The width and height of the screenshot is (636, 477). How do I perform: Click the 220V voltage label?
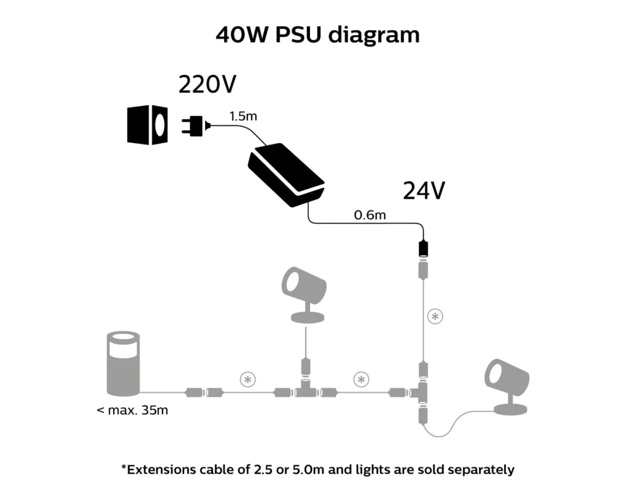[x=207, y=85]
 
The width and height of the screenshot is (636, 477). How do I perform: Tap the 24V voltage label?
[x=424, y=191]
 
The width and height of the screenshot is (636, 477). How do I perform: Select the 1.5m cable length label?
[x=243, y=116]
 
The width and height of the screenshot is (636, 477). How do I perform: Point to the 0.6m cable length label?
[x=370, y=215]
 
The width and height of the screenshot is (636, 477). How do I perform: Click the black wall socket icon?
[x=147, y=124]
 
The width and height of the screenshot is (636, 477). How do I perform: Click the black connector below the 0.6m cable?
[x=422, y=248]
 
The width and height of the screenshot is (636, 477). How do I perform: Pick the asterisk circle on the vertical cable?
[x=435, y=317]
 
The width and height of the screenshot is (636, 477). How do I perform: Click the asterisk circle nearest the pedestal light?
[x=247, y=379]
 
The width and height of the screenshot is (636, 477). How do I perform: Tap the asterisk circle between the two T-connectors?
[x=361, y=379]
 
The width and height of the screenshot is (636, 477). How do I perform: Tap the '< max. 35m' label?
[x=132, y=409]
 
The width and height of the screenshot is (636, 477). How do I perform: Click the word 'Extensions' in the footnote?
[x=162, y=469]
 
